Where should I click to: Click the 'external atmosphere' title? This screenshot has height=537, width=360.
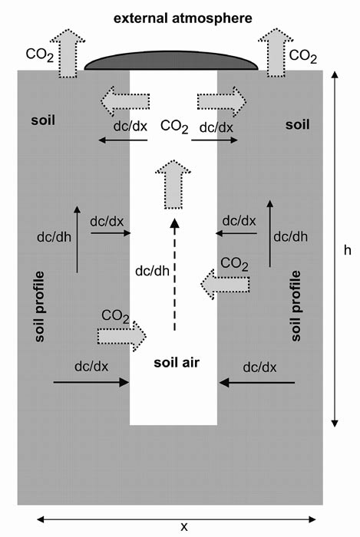(183, 18)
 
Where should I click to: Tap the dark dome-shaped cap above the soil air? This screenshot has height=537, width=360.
(171, 61)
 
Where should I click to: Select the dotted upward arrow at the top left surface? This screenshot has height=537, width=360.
(68, 53)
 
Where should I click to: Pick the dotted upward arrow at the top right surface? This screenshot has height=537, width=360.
(276, 52)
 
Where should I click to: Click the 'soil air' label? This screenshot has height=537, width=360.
(177, 363)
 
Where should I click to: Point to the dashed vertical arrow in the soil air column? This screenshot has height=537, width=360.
(175, 275)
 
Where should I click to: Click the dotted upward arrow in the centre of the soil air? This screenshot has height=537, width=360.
(173, 184)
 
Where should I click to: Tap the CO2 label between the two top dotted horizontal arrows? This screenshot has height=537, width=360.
(174, 127)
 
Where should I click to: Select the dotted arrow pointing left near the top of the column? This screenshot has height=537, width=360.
(125, 102)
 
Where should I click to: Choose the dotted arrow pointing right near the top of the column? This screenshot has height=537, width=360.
(222, 102)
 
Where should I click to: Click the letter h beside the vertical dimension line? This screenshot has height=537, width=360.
(348, 250)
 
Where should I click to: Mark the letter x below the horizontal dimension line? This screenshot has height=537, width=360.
(184, 527)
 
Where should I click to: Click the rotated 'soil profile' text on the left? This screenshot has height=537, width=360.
(40, 307)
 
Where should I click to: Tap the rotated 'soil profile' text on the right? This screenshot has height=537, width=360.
(296, 306)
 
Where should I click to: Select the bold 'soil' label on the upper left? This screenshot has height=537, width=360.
(43, 120)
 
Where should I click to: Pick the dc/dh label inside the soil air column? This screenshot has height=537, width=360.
(153, 272)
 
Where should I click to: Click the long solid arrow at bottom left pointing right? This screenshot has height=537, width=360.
(91, 382)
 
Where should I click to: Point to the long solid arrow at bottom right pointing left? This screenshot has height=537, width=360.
(257, 382)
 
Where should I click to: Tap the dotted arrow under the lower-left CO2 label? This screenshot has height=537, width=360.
(122, 336)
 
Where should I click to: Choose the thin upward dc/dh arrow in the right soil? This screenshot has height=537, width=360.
(270, 233)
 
